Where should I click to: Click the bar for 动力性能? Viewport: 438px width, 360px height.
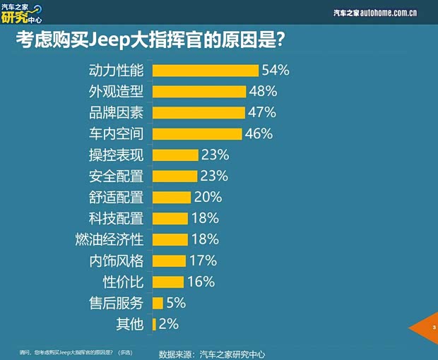206,71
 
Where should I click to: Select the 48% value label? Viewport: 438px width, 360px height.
262,92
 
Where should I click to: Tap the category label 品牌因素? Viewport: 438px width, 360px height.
117,113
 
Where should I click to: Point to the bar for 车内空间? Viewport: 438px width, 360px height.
197,134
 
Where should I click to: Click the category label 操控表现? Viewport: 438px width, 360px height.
117,155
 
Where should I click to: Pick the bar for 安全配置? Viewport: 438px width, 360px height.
176,176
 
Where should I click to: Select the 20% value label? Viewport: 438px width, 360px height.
208,198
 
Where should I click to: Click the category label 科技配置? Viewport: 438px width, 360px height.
117,219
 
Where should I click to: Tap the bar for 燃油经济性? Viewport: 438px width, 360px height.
170,240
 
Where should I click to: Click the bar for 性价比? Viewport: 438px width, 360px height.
168,282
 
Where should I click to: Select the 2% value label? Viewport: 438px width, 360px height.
169,325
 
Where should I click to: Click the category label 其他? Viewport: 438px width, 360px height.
129,325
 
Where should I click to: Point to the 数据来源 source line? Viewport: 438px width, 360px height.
211,354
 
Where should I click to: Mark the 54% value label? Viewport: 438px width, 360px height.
276,71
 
